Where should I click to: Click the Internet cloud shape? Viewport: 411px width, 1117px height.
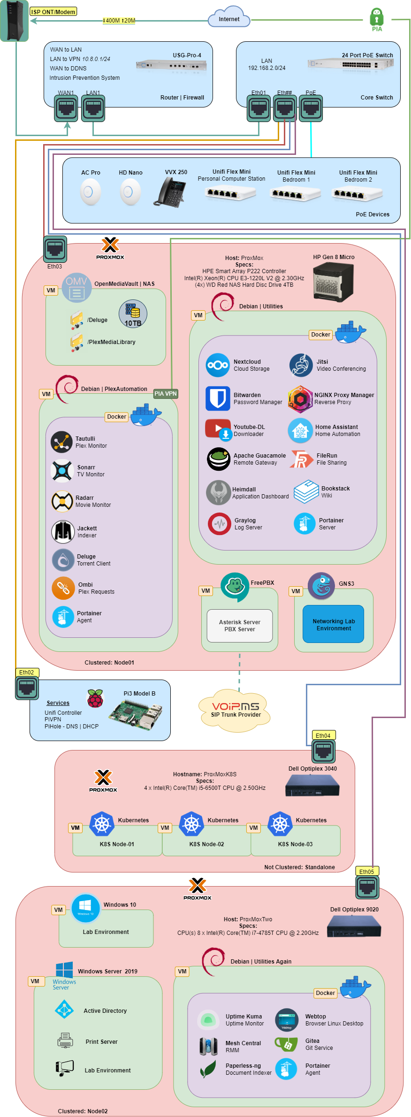point(229,18)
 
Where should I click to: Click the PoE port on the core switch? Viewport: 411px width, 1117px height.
point(311,108)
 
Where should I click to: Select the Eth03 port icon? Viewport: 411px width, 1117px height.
point(55,249)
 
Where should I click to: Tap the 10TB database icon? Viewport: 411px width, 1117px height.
point(133,314)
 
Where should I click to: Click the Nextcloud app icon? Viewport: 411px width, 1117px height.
point(218,365)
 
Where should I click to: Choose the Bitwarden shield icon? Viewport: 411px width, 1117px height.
point(218,398)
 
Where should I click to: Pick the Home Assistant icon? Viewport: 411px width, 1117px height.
point(300,430)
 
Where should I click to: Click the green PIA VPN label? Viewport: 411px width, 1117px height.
point(166,394)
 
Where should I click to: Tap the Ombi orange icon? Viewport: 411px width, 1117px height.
point(63,588)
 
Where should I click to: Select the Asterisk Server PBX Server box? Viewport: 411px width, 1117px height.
point(240,626)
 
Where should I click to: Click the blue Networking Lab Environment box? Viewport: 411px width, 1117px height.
point(334,624)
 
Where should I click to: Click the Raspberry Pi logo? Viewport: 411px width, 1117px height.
point(95,698)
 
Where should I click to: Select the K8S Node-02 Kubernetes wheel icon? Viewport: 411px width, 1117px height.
point(191,824)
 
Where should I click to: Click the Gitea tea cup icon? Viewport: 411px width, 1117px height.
point(286,1044)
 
